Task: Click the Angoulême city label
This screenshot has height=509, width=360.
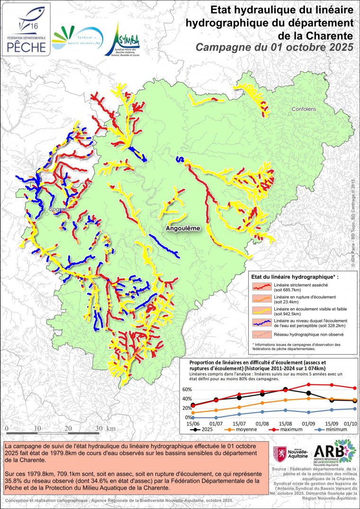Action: pos(183,228)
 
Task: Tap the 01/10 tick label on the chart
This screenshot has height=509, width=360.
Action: pos(350,423)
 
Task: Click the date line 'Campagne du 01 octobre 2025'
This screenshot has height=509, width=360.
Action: pos(275,47)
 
